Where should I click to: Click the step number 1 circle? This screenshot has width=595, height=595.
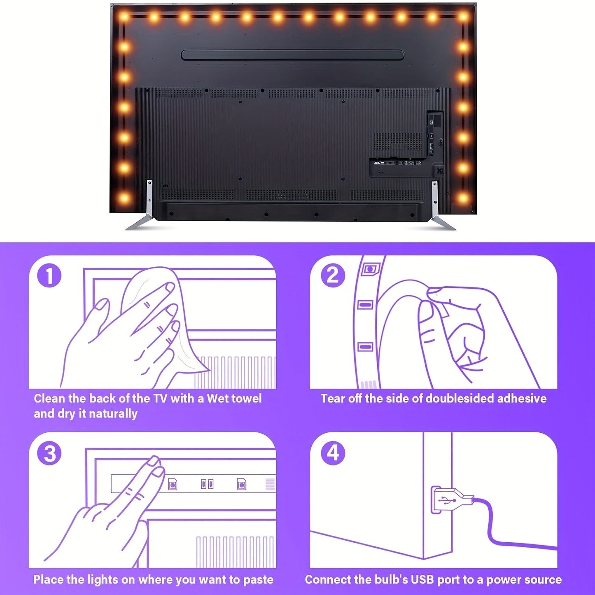(49, 276)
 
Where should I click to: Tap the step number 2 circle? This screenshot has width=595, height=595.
(333, 275)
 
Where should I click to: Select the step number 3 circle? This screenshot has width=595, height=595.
(49, 453)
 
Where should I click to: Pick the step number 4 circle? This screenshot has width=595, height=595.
(333, 453)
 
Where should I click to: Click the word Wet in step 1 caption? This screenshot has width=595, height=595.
(218, 399)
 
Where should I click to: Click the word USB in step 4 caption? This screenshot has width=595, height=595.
(421, 580)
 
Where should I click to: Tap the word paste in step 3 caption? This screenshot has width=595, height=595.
(258, 580)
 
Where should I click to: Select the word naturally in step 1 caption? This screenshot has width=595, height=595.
(113, 414)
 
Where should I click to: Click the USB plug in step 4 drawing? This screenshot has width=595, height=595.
(451, 500)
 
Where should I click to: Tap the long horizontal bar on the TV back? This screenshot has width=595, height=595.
(293, 55)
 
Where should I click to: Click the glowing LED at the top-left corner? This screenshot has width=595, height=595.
(124, 17)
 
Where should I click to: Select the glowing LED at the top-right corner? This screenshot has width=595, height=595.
(463, 17)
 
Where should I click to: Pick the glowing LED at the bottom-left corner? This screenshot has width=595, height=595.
(124, 198)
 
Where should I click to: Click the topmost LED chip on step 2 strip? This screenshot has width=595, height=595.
(370, 269)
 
